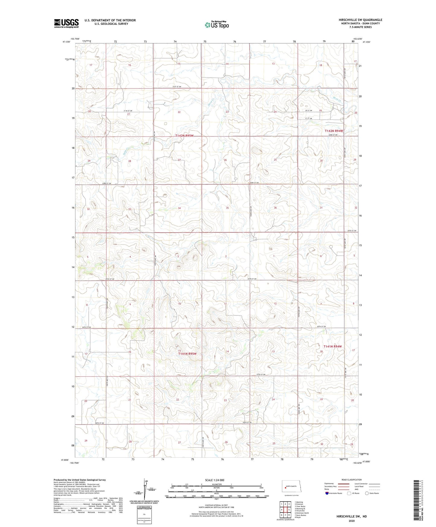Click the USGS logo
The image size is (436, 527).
click(66, 23)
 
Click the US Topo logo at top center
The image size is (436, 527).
click(216, 25)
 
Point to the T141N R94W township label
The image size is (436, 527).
click(333, 347)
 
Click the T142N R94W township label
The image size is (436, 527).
click(334, 131)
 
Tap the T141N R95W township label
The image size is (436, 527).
click(187, 354)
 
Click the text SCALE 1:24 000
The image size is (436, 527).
click(215, 480)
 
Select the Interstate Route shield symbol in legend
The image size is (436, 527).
click(327, 493)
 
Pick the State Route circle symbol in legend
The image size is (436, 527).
click(367, 493)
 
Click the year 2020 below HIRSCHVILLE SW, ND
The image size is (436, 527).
click(352, 521)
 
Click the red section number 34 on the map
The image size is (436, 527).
click(179, 208)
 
